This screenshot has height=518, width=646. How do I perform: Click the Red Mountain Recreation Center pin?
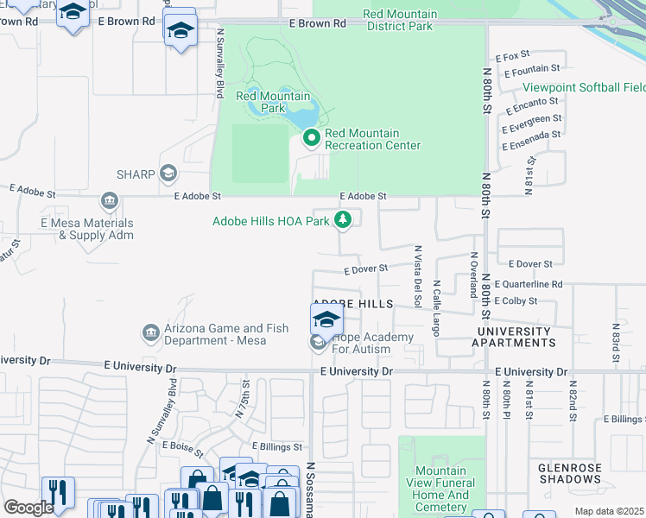312,138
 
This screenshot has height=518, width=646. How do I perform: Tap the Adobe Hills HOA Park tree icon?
343,221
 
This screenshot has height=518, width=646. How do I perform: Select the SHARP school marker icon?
168,174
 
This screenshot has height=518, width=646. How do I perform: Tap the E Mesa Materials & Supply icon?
109,204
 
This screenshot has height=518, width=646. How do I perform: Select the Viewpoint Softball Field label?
584,88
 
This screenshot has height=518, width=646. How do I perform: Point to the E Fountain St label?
532,69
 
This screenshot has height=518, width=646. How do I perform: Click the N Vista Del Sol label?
417,276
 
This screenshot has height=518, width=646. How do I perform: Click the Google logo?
28,508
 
